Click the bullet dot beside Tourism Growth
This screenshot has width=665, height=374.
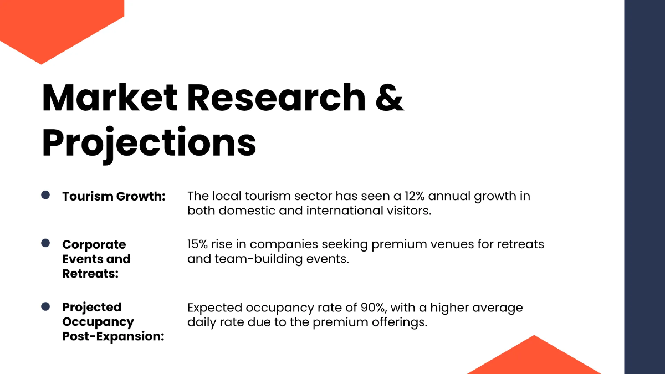[45, 195]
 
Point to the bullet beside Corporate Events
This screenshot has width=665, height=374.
[45, 243]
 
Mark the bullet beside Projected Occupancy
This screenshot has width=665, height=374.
[45, 306]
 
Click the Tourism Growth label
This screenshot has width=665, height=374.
[114, 197]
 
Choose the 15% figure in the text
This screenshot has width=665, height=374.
[198, 244]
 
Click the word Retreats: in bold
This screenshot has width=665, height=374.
[90, 273]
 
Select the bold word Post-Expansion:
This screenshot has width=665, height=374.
[113, 336]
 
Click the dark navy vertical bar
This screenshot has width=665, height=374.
[644, 187]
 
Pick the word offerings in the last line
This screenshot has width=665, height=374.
[398, 322]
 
